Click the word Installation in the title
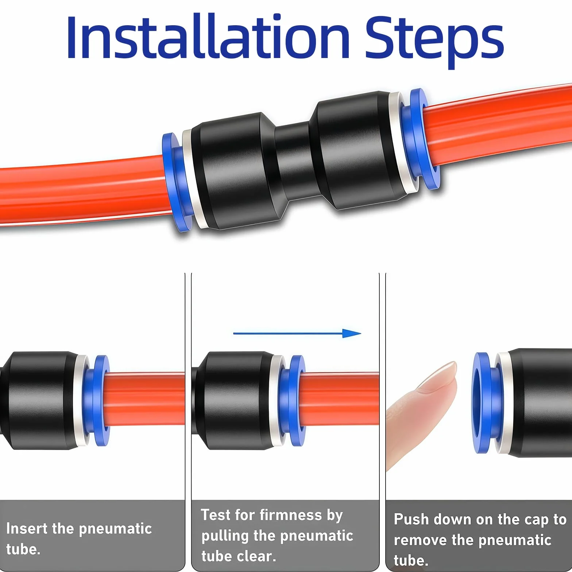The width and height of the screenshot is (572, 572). click(208, 36)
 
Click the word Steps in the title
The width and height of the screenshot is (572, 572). click(434, 41)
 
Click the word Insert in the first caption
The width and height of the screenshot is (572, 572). click(26, 528)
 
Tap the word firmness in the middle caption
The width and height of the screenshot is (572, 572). click(291, 515)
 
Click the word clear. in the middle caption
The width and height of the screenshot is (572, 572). click(256, 556)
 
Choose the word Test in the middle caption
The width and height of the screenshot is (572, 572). click(215, 515)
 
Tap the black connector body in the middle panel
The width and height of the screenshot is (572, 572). click(233, 400)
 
